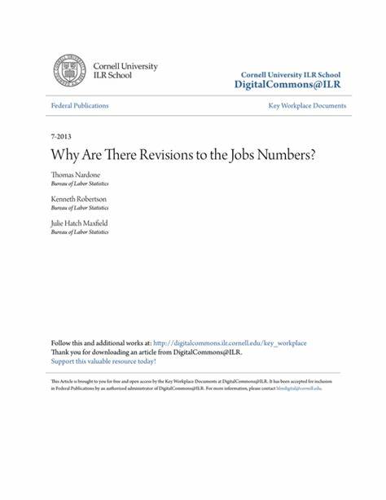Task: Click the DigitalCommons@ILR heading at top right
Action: (289, 85)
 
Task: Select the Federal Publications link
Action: (79, 106)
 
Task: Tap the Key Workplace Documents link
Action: (307, 106)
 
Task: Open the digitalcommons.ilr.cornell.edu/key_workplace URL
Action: (230, 343)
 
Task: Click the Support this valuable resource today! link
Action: (103, 361)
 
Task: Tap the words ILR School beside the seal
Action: (112, 75)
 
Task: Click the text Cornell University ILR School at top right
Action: (289, 73)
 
